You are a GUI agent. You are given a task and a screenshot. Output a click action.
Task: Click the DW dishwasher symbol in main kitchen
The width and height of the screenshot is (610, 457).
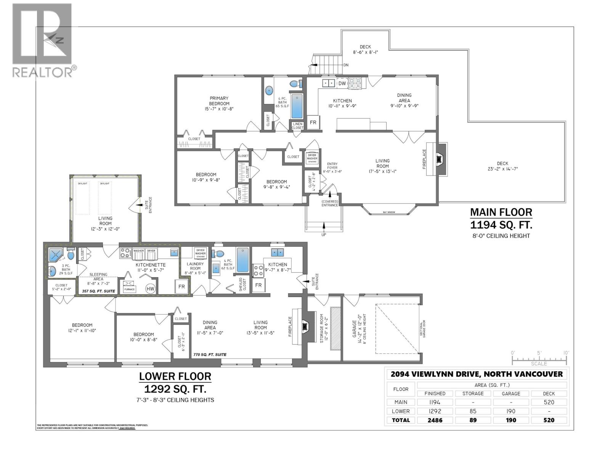click(342, 83)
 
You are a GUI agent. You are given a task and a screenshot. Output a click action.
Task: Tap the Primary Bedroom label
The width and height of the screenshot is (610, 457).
click(219, 101)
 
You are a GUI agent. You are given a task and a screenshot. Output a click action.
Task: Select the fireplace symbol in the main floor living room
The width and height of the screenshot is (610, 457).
click(440, 159)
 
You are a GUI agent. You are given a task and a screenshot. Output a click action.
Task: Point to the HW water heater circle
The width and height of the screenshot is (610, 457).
click(151, 289)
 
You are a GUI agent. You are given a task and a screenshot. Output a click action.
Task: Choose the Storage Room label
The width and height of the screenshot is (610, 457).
click(321, 328)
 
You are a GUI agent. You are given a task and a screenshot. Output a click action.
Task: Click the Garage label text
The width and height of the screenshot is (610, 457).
click(354, 328)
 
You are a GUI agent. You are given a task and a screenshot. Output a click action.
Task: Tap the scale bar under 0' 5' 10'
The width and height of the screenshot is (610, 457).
click(539, 359)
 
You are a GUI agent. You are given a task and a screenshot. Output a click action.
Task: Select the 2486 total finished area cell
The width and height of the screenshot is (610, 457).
click(435, 420)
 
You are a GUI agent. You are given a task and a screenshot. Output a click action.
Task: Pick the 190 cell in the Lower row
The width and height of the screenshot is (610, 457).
click(511, 411)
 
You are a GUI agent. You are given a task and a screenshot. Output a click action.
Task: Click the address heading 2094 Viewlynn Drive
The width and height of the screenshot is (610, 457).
click(477, 374)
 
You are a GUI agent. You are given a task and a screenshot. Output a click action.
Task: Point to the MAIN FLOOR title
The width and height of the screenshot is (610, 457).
click(501, 212)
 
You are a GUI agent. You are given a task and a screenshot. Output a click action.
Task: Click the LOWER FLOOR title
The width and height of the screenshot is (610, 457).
click(175, 376)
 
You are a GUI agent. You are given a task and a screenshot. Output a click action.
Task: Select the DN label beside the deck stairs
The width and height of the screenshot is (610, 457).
click(346, 65)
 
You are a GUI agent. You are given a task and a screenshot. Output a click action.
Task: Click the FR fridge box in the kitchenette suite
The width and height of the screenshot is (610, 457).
click(181, 286)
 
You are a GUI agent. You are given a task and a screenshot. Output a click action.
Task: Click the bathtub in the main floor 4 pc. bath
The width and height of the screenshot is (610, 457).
click(296, 106)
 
